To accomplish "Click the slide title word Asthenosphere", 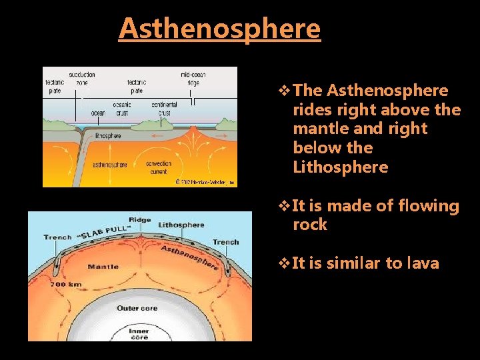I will [219, 29].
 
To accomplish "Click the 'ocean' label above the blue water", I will [98, 113].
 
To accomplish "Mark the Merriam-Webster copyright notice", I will [205, 181].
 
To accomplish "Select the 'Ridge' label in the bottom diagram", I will [141, 220].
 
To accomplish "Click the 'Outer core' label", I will [137, 308].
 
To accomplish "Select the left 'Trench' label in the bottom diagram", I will [57, 237].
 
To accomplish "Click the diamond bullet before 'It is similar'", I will [284, 263].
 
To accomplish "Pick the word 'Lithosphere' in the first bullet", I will [340, 167].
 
